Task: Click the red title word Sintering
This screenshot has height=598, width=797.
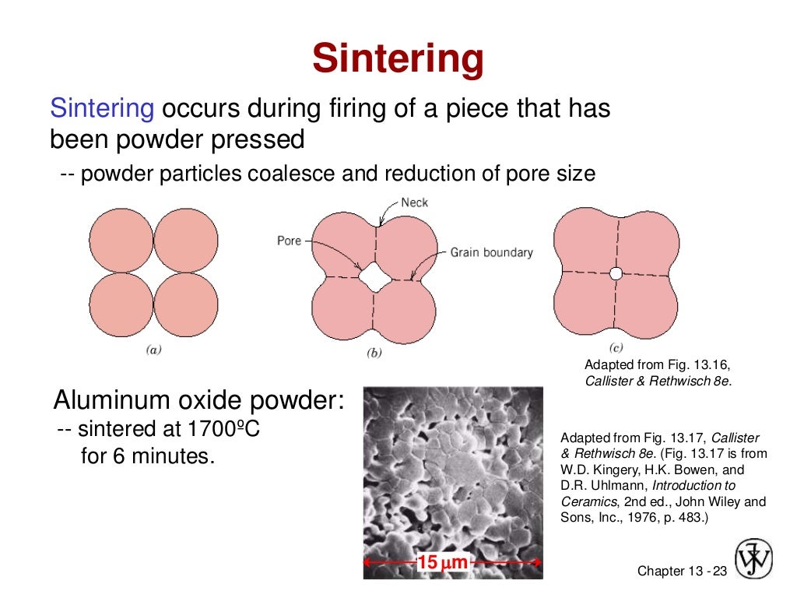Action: click(x=398, y=59)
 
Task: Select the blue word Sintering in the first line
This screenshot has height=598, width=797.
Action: click(x=102, y=109)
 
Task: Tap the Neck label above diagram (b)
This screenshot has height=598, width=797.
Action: click(x=414, y=202)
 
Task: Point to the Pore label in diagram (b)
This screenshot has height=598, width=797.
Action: click(x=289, y=241)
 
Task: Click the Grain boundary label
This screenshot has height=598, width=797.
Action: click(x=492, y=252)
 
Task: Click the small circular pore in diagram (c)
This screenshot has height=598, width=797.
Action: click(x=616, y=273)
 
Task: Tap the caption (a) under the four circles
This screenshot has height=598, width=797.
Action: click(x=153, y=350)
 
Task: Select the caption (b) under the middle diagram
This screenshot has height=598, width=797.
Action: click(x=374, y=353)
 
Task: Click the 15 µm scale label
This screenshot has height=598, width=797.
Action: click(x=442, y=562)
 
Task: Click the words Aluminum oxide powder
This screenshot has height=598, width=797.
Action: click(x=198, y=401)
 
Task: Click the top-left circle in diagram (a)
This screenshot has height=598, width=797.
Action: click(x=121, y=240)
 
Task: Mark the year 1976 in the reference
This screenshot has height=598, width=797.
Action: click(x=653, y=517)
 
